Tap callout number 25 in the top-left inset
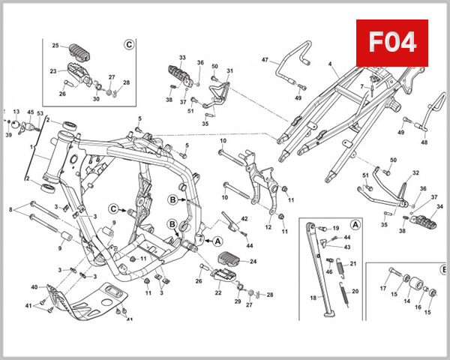coord(55,46)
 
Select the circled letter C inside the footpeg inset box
coord(128,44)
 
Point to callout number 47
coord(265,59)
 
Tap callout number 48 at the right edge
coord(424,142)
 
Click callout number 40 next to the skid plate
coord(34,286)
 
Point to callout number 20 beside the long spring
coord(355,291)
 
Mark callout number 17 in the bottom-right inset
coord(383,288)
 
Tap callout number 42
coord(244,218)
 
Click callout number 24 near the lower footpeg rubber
coord(253,262)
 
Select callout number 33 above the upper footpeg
coord(182,57)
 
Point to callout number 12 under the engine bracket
coord(268,226)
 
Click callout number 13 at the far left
coord(16,112)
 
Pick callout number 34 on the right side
coord(440,206)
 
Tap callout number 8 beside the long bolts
coord(10,210)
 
